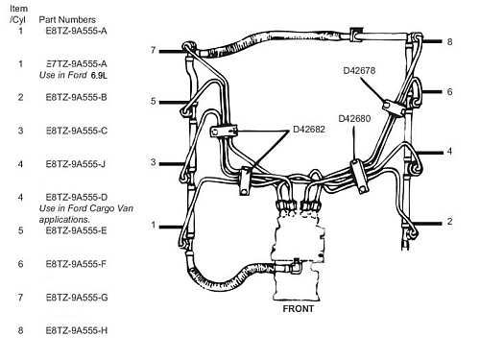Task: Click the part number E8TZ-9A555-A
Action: click(76, 31)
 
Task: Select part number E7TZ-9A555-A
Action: click(76, 64)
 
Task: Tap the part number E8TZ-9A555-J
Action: click(76, 164)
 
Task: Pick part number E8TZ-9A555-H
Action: click(77, 330)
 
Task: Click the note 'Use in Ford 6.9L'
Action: click(73, 75)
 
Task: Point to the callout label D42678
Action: click(359, 70)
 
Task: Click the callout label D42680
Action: click(354, 119)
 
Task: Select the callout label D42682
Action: click(309, 130)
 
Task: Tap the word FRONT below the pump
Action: click(299, 309)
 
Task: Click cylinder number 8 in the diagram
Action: click(449, 41)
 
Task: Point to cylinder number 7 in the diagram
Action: click(154, 50)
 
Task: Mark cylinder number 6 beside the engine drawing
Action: click(449, 92)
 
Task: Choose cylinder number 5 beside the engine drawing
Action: click(154, 102)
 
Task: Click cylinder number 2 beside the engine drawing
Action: click(449, 222)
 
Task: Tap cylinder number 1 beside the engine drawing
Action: click(154, 226)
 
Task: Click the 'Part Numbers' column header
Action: click(67, 19)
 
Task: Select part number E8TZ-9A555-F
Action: click(76, 264)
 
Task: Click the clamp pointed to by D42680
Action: click(360, 177)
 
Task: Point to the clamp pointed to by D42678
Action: click(395, 108)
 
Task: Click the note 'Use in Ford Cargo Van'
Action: click(86, 208)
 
